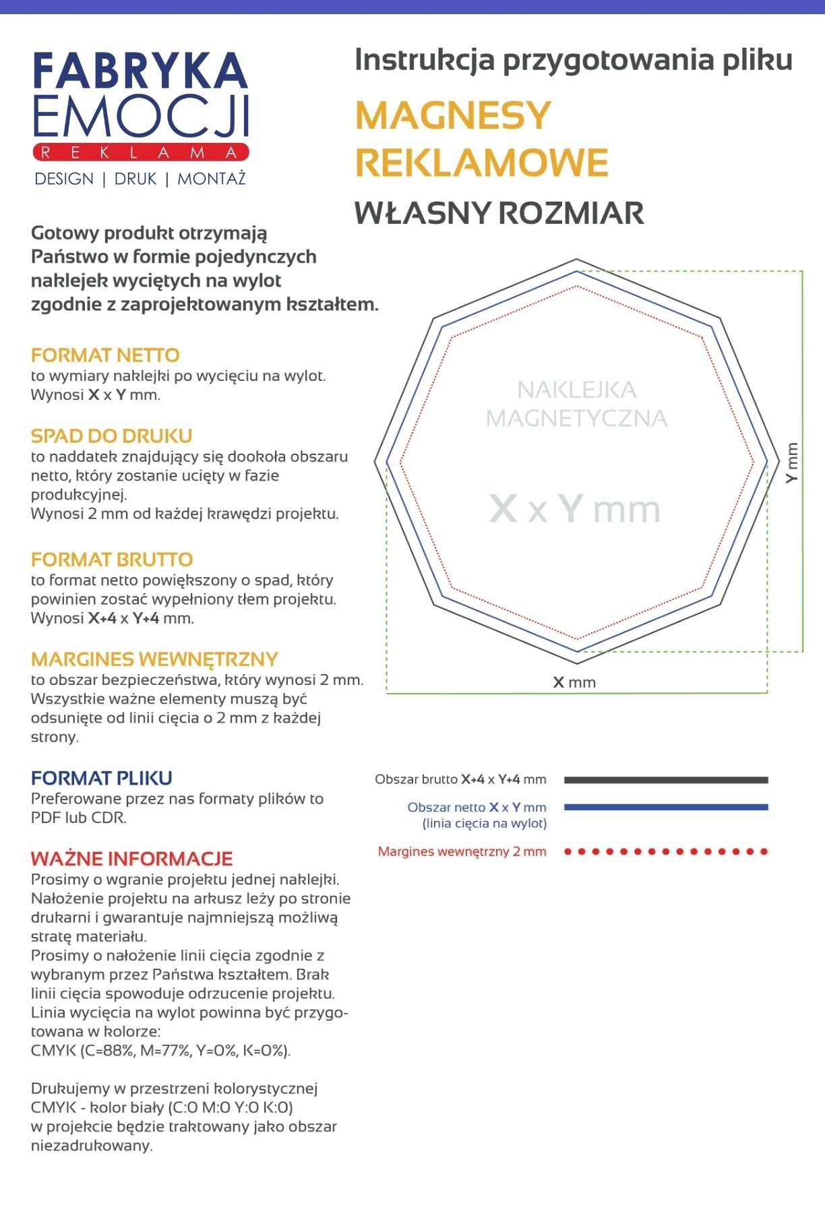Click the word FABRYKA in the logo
(140, 71)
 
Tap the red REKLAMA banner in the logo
(140, 152)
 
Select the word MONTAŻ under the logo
(212, 179)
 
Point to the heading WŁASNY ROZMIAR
(499, 213)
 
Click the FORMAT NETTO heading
(105, 355)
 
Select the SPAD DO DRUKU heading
(112, 436)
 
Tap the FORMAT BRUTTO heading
(112, 560)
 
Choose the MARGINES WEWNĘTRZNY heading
(154, 659)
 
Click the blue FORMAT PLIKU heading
(102, 779)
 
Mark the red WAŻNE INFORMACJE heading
(131, 859)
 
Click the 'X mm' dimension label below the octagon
(574, 682)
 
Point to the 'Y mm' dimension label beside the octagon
(792, 462)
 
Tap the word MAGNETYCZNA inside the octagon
(576, 419)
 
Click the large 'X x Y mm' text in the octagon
(574, 509)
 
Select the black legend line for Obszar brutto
(666, 780)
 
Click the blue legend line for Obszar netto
(666, 807)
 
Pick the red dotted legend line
(666, 851)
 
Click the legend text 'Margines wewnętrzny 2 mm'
(462, 851)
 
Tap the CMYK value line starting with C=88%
(160, 1050)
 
